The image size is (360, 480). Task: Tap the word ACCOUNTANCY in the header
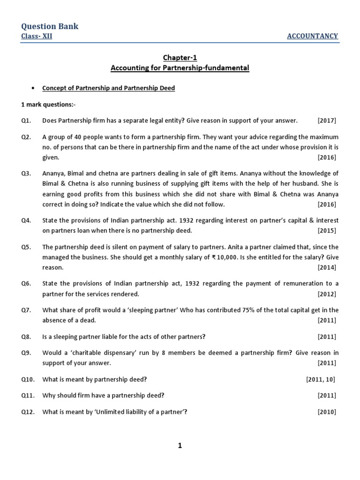(312, 37)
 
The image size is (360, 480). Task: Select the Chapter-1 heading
(180, 58)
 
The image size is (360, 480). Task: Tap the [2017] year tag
(327, 120)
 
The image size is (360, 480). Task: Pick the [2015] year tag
(327, 231)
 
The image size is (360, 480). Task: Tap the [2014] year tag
(327, 268)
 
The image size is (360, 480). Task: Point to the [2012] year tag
(327, 294)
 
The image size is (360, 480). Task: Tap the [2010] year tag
(327, 412)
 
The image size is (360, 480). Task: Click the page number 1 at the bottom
(180, 446)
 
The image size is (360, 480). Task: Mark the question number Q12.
(28, 412)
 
